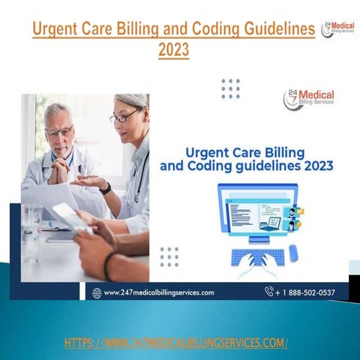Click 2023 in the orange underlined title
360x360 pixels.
(x=174, y=49)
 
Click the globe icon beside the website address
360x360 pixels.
(x=97, y=292)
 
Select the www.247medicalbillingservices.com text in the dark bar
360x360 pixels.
(x=159, y=292)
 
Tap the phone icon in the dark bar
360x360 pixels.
(x=269, y=292)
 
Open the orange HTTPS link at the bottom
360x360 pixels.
(x=176, y=343)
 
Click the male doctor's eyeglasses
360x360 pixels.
(x=58, y=132)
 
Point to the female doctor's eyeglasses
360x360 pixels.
(x=123, y=117)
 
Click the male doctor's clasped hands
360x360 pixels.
(x=57, y=172)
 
